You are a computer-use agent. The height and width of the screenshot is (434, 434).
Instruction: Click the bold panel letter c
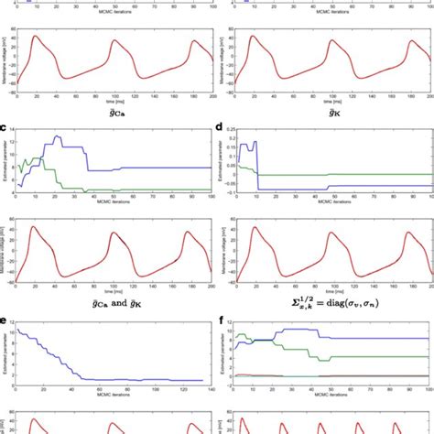[5, 129]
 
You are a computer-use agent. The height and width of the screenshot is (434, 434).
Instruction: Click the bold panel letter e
[5, 321]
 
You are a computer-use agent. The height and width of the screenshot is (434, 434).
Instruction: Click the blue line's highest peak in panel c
[58, 136]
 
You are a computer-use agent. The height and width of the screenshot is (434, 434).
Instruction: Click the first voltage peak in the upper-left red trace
[35, 37]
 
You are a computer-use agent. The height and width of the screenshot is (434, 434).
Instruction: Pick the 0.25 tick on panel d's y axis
[240, 133]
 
